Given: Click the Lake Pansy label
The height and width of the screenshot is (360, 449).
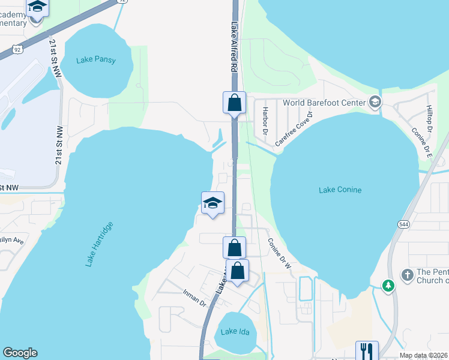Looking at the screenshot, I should click(x=96, y=60).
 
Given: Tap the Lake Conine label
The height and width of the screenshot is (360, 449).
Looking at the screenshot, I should click(x=340, y=190).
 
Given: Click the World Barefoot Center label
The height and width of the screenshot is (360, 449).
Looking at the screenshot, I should click(x=324, y=103).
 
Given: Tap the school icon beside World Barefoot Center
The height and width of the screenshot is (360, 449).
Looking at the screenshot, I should click(x=376, y=102).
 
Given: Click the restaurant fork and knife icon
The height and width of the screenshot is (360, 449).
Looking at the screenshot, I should click(x=367, y=350).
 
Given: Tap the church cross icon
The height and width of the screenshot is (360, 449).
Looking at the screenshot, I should click(x=407, y=275).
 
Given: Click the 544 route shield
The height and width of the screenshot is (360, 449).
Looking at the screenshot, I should click(x=402, y=224).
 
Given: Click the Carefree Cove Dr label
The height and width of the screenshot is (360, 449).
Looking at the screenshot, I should click(x=294, y=129).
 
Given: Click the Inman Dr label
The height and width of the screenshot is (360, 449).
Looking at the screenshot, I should click(x=194, y=298).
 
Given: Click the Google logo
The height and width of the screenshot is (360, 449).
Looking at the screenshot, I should click(x=20, y=353).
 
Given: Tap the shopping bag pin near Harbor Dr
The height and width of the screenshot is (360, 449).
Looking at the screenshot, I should click(x=234, y=103).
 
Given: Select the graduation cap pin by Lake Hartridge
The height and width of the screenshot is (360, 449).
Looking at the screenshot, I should click(x=212, y=203).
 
